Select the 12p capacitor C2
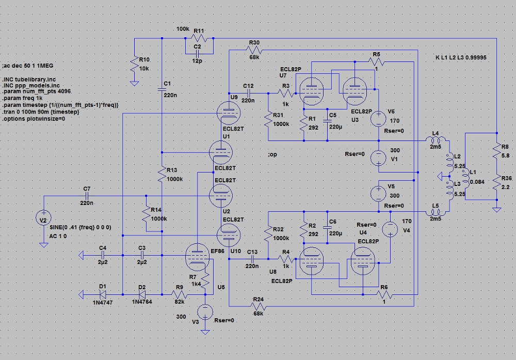click(x=197, y=53)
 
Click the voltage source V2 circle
click(x=43, y=219)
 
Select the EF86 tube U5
click(x=198, y=257)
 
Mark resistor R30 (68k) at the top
click(x=254, y=50)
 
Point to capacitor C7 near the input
click(x=87, y=196)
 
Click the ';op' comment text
click(x=273, y=154)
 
